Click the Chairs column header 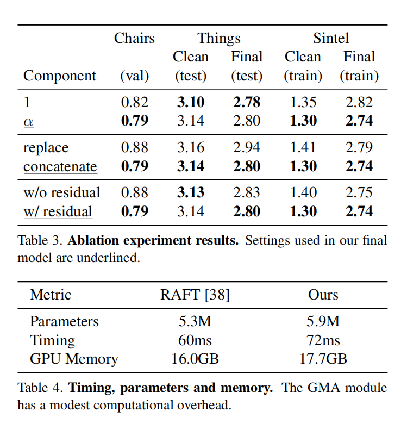pos(134,38)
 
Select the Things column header pos(218,38)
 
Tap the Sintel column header pos(330,38)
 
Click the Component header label pos(59,76)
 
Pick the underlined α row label pos(28,121)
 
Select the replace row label pos(46,148)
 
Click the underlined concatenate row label pos(60,166)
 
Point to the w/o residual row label pos(61,193)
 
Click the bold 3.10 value pos(191,102)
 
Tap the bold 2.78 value pos(247,102)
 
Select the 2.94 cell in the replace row pos(247,148)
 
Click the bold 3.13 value pos(191,193)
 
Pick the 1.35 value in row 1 pos(303,102)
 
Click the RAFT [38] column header pos(195,295)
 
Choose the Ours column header pos(323,295)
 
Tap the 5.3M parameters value pos(195,322)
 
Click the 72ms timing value pos(323,340)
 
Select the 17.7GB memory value pos(323,359)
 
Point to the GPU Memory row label pos(73,359)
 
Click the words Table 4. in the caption pos(40,388)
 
